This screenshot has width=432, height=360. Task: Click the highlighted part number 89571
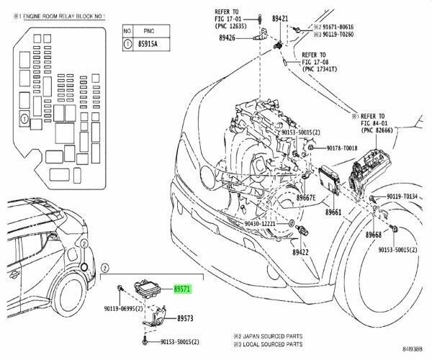pyautogui.click(x=183, y=288)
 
